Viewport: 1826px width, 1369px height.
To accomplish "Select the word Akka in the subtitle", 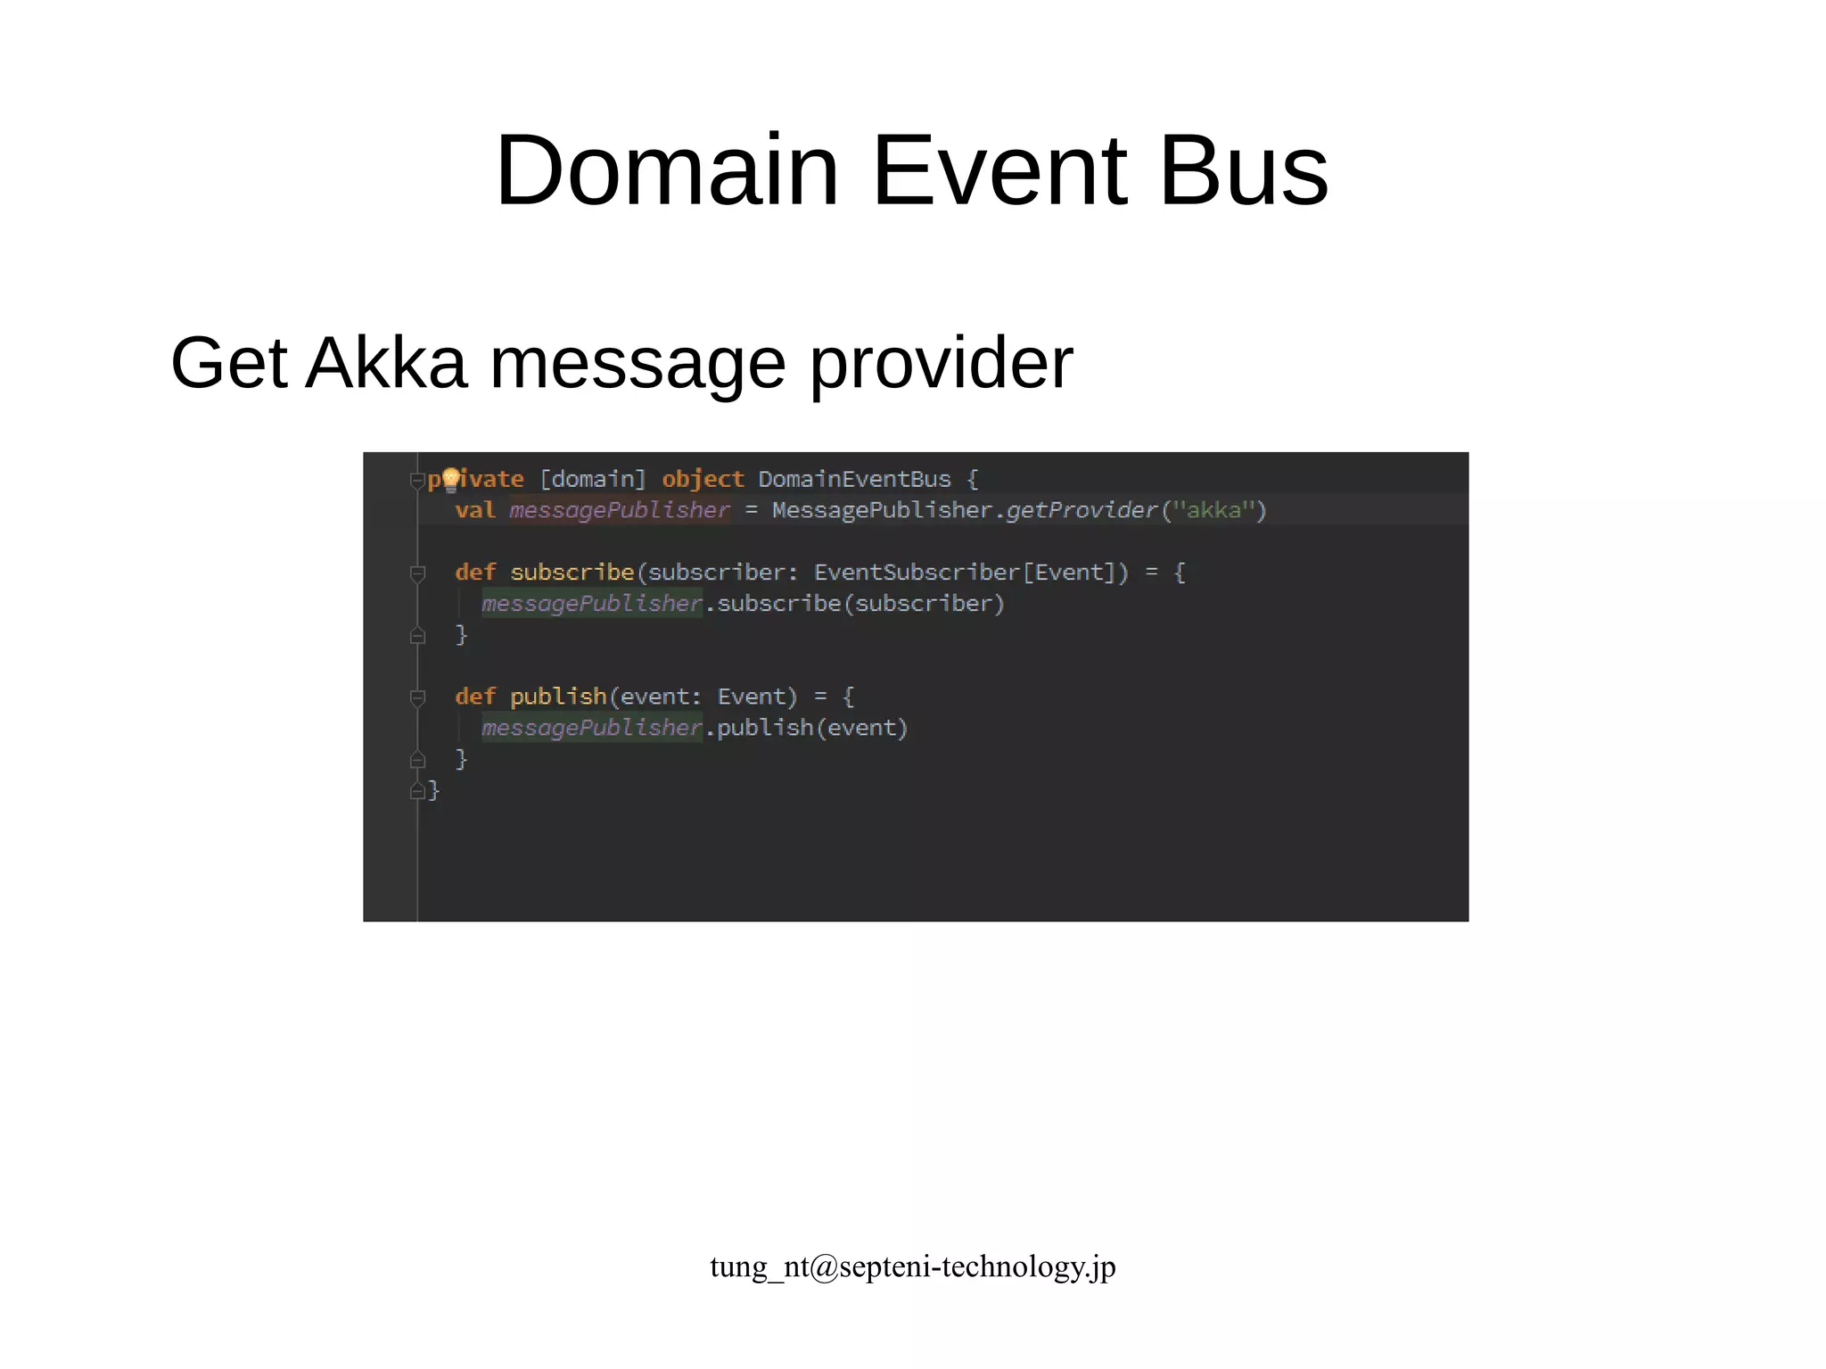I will [x=386, y=363].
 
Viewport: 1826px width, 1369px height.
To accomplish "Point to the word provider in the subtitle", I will [x=941, y=363].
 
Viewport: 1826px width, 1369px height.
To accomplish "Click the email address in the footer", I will [x=912, y=1266].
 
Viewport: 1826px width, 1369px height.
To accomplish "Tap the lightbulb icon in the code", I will [x=451, y=480].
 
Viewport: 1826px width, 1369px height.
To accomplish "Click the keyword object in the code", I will [x=703, y=479].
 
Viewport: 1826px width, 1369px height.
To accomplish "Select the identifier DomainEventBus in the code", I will [x=854, y=479].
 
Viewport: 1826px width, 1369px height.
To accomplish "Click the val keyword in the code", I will [x=474, y=510].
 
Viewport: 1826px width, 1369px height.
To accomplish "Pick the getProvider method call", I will [x=1081, y=510].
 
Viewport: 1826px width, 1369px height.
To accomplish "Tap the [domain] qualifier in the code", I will [x=593, y=479].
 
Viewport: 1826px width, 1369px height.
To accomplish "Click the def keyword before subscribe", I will [x=474, y=572].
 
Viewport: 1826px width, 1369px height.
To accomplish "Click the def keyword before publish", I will [x=474, y=696].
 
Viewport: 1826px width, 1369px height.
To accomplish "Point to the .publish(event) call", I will [x=807, y=728].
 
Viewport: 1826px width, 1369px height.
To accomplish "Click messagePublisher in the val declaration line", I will [x=620, y=510].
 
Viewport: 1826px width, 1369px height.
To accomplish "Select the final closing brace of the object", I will [x=433, y=790].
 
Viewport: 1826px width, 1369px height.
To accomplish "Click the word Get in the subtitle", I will [x=229, y=363].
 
